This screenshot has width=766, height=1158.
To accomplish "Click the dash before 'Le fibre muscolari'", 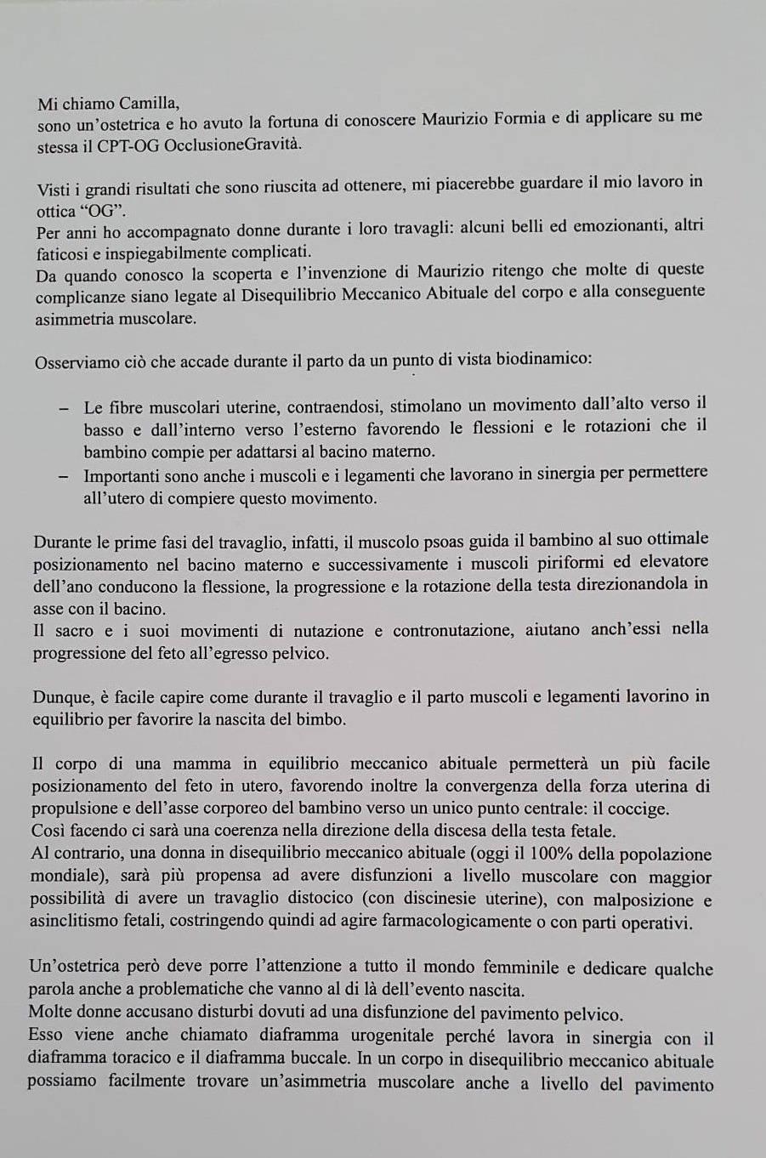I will (65, 408).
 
